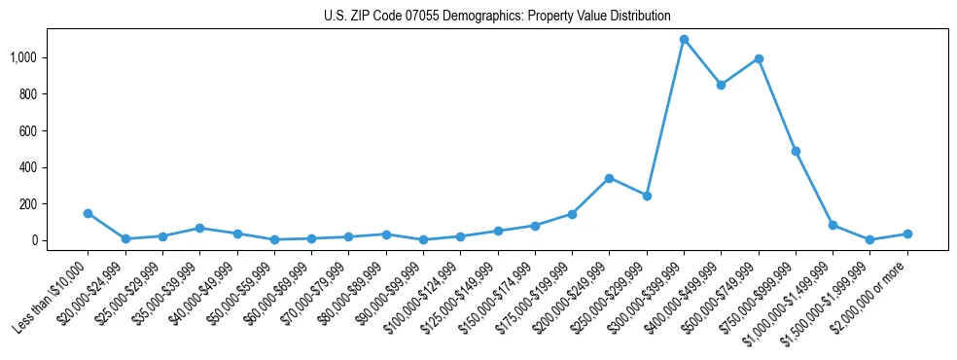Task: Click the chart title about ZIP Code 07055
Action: tap(497, 16)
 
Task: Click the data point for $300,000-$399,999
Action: tap(684, 40)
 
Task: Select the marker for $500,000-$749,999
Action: tap(759, 59)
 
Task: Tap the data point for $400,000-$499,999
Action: tap(721, 85)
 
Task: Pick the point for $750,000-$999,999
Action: tap(796, 152)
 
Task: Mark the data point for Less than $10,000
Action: tap(88, 213)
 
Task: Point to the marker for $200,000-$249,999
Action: tap(609, 178)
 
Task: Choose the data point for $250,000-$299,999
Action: tap(647, 196)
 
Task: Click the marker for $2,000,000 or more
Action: tap(907, 234)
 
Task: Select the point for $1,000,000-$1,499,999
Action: tap(833, 225)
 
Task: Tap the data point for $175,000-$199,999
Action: tap(572, 214)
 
